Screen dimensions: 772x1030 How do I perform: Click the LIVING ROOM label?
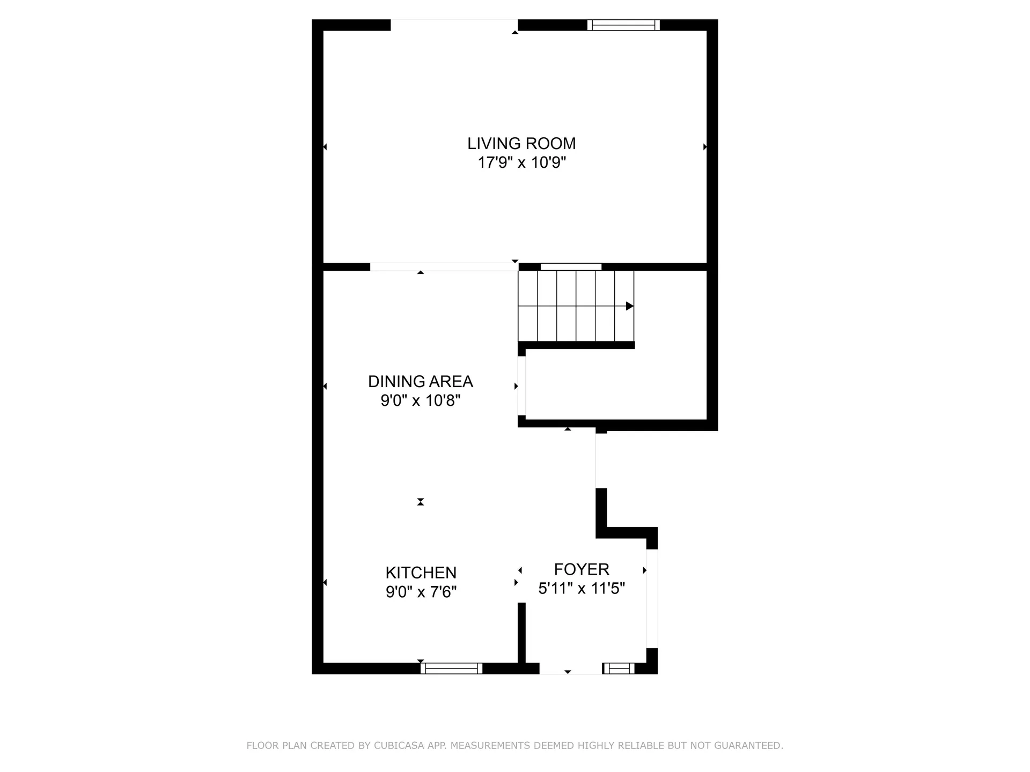point(521,144)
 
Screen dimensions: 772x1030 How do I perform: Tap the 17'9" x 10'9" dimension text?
point(521,162)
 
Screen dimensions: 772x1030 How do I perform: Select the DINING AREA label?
point(420,382)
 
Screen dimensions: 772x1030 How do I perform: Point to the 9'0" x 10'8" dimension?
point(420,400)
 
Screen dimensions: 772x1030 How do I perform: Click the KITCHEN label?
point(421,573)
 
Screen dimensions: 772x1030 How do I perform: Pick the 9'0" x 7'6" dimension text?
point(421,592)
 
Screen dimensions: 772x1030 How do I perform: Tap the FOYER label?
point(582,569)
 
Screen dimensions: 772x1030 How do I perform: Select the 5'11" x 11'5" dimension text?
point(582,589)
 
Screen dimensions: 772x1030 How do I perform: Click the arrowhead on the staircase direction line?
point(630,306)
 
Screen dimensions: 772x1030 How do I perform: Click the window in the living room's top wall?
point(623,25)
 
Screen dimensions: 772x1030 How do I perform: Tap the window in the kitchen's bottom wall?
point(451,669)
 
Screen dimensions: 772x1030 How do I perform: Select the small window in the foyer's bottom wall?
point(619,669)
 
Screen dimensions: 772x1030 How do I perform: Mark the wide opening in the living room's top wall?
point(454,25)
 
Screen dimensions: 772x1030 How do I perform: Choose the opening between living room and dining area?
point(444,267)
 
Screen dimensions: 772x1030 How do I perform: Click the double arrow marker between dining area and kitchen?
point(421,502)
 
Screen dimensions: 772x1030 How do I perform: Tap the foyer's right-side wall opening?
point(652,598)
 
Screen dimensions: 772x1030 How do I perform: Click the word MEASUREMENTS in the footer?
point(486,746)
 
